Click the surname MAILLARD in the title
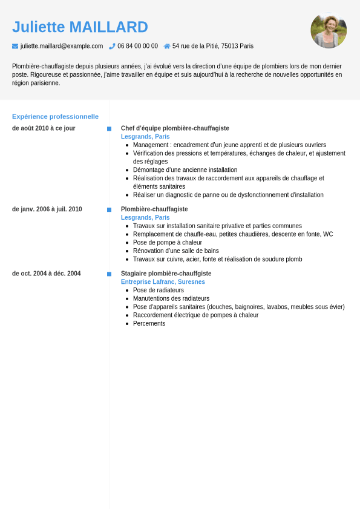pos(108,27)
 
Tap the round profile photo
pos(329,30)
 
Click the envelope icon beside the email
pos(15,46)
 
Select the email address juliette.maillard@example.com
pos(62,46)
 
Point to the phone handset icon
pos(112,46)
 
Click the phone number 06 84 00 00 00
pos(137,46)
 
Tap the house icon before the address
pos(167,46)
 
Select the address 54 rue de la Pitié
pos(213,46)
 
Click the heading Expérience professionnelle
pos(55,116)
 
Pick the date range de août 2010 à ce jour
pos(44,128)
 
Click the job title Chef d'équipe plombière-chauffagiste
pos(175,128)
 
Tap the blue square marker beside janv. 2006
pos(110,209)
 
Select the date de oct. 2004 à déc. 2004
pos(46,274)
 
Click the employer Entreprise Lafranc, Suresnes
pos(163,282)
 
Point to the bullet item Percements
pos(149,323)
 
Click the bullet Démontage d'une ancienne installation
pos(185,170)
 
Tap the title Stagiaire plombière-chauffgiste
pos(166,274)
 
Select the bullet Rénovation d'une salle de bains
pos(176,251)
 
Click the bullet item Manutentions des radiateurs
pos(171,298)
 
